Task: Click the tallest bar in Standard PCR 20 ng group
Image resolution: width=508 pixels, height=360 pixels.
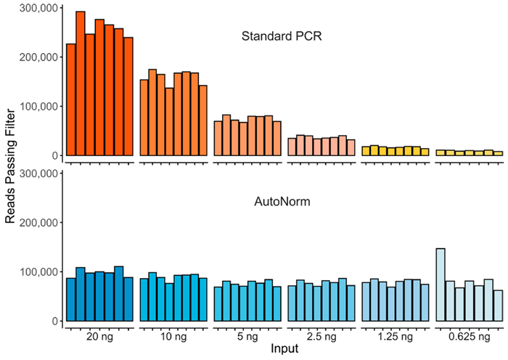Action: tap(81, 83)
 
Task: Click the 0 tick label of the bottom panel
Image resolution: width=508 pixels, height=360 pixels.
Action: tap(54, 321)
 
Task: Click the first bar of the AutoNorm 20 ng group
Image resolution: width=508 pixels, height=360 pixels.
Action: tap(71, 299)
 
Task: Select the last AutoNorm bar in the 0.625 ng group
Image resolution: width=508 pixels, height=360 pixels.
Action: tap(498, 306)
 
